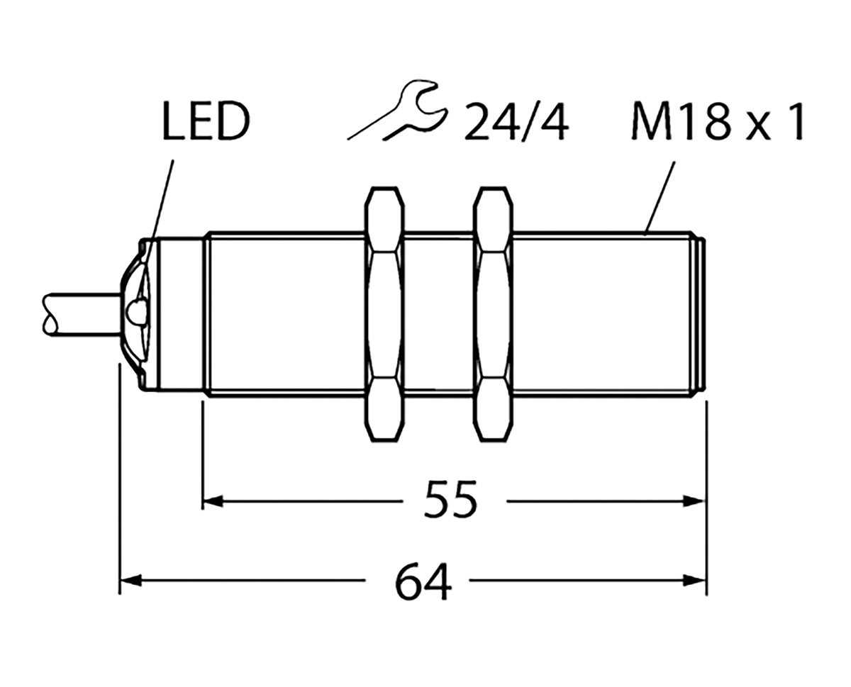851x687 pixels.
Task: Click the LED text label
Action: (206, 123)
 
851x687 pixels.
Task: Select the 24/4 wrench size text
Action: (516, 123)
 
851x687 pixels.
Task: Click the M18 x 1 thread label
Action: (716, 123)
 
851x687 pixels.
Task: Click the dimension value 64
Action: (423, 583)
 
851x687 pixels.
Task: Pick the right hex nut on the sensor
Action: (494, 313)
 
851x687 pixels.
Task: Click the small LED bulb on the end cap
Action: (137, 310)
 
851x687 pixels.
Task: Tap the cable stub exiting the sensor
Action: (78, 313)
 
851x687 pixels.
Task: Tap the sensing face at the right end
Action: (700, 313)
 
